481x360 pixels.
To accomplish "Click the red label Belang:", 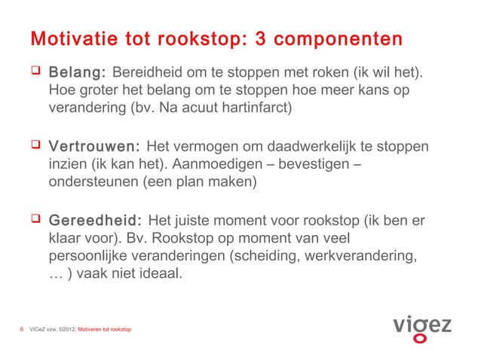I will pyautogui.click(x=77, y=74).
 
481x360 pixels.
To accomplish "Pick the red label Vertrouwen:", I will pyautogui.click(x=94, y=146).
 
